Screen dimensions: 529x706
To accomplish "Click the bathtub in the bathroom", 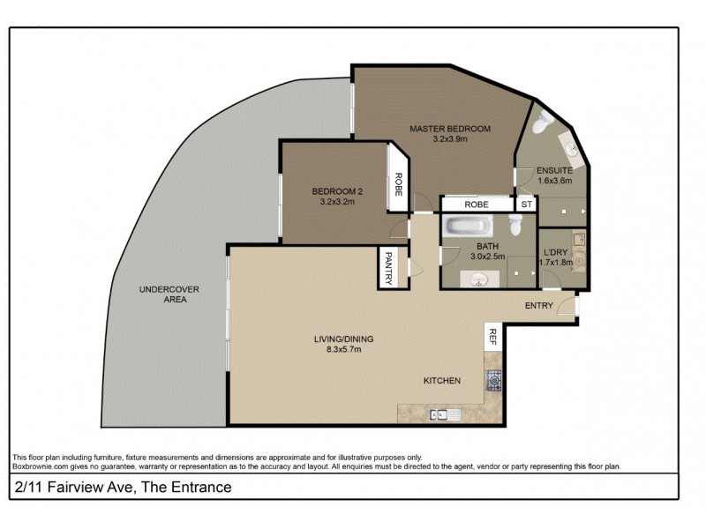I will click(x=469, y=227).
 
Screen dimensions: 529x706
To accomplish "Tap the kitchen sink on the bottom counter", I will click(x=440, y=414).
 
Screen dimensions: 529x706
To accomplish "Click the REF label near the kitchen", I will click(x=493, y=336).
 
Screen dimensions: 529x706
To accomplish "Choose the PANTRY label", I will click(x=387, y=268).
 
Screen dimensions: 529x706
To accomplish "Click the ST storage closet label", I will click(x=527, y=205).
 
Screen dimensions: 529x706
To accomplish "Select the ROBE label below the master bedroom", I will click(x=477, y=205).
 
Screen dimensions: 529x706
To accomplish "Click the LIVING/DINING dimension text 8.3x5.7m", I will click(x=337, y=349).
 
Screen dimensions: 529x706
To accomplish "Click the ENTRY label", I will click(x=538, y=306).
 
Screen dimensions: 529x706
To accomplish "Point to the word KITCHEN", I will click(x=441, y=381).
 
